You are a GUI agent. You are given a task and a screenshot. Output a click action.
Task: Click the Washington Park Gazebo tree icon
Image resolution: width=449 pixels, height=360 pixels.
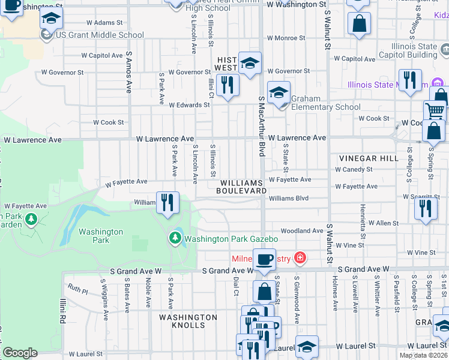(175, 238)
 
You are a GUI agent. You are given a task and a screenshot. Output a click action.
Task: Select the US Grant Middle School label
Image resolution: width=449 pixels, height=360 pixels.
(100, 35)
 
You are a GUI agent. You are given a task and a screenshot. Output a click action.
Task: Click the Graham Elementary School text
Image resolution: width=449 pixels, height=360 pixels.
(326, 103)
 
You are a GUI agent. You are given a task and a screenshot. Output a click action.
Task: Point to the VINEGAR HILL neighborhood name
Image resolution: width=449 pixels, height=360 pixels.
(369, 158)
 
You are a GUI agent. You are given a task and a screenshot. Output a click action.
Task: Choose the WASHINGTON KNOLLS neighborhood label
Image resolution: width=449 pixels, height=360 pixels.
(188, 321)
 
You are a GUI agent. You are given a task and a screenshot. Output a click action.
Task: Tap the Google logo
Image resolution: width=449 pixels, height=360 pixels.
(20, 353)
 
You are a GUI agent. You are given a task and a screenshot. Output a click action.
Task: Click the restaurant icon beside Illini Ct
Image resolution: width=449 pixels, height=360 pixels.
(227, 85)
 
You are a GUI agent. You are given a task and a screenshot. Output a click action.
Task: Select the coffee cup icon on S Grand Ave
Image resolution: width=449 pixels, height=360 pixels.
(264, 259)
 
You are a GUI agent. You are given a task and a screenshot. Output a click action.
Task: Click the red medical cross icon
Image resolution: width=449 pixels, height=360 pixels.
(300, 259)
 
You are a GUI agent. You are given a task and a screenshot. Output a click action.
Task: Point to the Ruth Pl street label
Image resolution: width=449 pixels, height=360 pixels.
(78, 290)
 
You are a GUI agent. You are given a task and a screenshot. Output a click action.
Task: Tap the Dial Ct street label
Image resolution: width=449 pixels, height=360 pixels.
(237, 286)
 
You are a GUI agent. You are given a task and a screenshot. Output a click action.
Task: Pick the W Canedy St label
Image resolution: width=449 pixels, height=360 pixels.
(354, 169)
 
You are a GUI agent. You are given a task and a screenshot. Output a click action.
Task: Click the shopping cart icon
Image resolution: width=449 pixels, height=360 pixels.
(435, 110)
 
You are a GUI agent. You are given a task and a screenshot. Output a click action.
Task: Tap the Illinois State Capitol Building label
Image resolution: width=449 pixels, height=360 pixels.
(411, 50)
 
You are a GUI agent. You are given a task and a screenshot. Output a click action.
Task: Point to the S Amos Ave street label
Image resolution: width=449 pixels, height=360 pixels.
(128, 72)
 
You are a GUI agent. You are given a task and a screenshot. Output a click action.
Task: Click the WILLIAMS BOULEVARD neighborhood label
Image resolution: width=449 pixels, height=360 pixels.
(243, 187)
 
